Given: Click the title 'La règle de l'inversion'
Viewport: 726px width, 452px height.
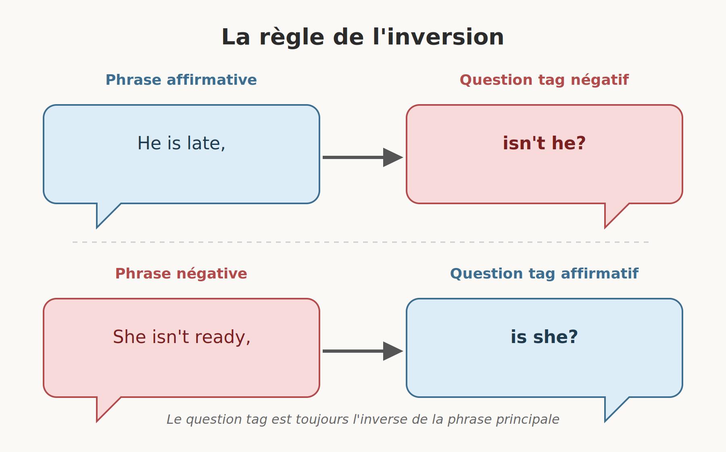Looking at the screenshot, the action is (363, 37).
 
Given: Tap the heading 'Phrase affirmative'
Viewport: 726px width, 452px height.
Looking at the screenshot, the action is (181, 80).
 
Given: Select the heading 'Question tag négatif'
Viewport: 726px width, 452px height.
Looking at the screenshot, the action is (544, 80).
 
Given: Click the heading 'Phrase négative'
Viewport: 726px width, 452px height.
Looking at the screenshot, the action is (181, 274).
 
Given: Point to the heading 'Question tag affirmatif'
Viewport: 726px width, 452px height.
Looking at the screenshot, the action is (544, 274).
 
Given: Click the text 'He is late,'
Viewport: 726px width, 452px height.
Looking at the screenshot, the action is (181, 143).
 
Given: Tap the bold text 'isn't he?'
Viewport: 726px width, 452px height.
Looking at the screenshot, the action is (544, 143).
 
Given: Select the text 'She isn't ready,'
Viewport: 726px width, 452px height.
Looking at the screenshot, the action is (181, 337).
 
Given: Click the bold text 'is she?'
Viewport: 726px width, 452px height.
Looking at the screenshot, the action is (544, 337).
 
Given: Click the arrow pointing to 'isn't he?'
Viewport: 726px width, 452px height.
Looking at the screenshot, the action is (363, 157).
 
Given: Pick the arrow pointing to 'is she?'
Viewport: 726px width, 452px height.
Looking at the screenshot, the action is (363, 351).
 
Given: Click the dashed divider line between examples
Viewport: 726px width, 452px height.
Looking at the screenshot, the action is (361, 242).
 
